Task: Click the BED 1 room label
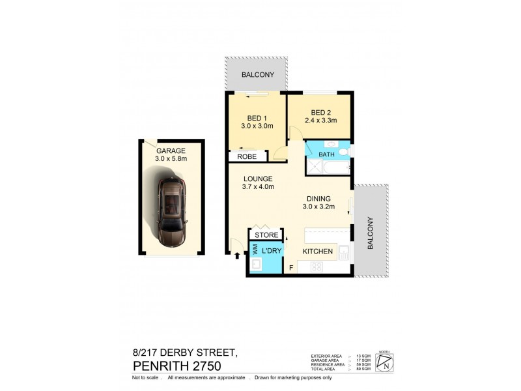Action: tap(255, 118)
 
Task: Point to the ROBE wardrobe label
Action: tap(246, 157)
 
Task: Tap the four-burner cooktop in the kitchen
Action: tap(317, 266)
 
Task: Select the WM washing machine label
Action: tap(255, 250)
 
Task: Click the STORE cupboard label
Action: tap(266, 235)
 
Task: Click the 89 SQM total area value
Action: tap(363, 369)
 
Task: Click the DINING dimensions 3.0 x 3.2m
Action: tap(318, 207)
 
